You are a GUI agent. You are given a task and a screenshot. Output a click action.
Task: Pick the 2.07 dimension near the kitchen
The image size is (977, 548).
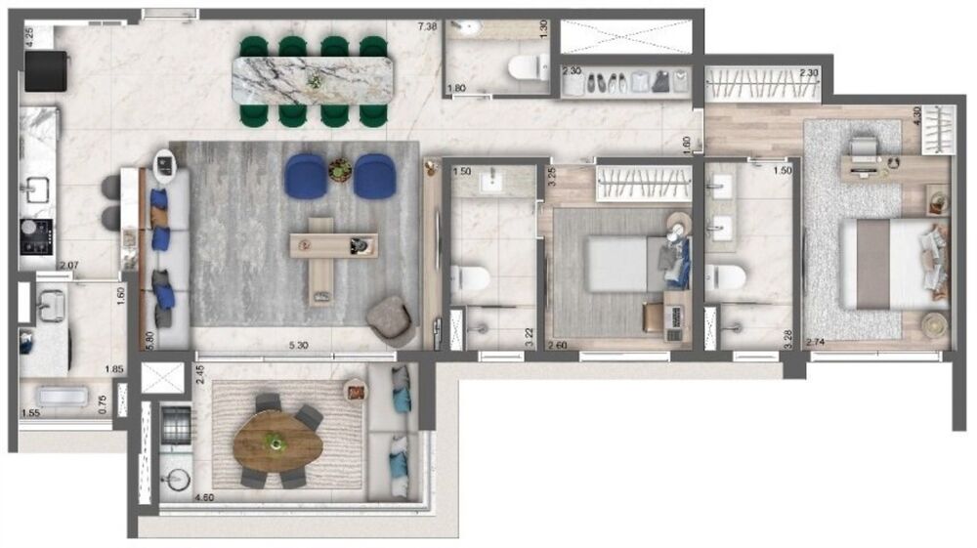click(x=67, y=266)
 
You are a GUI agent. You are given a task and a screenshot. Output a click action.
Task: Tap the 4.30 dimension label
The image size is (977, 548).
click(x=915, y=114)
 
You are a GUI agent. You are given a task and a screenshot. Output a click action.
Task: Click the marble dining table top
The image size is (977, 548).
click(x=313, y=78)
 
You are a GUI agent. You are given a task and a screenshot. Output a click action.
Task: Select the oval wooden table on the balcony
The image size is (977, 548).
click(x=277, y=444)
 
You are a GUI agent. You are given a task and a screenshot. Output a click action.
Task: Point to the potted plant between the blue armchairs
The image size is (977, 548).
click(x=340, y=170)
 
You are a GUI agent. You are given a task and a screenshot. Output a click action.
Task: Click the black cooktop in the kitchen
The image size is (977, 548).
click(x=37, y=237)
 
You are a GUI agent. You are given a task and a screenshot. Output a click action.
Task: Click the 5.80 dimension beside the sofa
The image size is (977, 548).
click(x=149, y=338)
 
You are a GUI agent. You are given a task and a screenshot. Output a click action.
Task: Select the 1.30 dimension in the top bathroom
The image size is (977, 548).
click(x=543, y=28)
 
